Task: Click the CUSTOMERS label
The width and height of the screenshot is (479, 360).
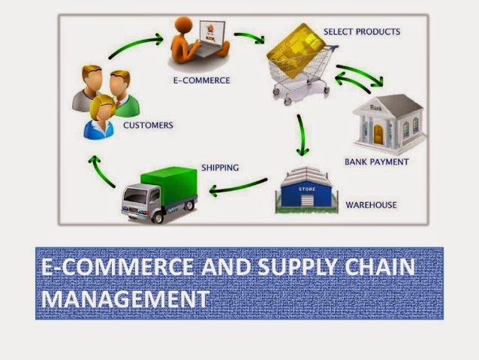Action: pyautogui.click(x=148, y=125)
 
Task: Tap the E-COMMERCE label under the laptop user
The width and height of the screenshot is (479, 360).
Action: pyautogui.click(x=202, y=80)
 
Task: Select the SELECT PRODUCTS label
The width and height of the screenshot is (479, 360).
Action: pyautogui.click(x=362, y=32)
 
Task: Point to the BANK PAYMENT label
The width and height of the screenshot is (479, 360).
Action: pyautogui.click(x=377, y=162)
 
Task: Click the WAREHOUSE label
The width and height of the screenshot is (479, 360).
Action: pyautogui.click(x=371, y=205)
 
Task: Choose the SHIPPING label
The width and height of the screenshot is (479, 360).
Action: pyautogui.click(x=220, y=168)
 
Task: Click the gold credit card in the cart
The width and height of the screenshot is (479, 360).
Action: pyautogui.click(x=296, y=50)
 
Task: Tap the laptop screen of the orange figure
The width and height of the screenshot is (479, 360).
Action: pyautogui.click(x=212, y=32)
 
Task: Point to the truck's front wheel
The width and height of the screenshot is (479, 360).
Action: pyautogui.click(x=158, y=217)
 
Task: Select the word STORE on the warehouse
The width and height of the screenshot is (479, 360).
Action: pyautogui.click(x=307, y=189)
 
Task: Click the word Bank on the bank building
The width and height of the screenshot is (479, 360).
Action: pyautogui.click(x=375, y=107)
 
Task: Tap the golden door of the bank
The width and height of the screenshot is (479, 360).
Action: pyautogui.click(x=378, y=135)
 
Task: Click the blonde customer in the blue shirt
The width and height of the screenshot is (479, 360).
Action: pyautogui.click(x=100, y=117)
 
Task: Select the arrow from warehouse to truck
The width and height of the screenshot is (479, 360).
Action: pyautogui.click(x=238, y=187)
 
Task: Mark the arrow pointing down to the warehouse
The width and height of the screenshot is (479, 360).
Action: pyautogui.click(x=302, y=135)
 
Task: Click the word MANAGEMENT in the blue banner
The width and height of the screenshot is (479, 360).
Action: pyautogui.click(x=125, y=298)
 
